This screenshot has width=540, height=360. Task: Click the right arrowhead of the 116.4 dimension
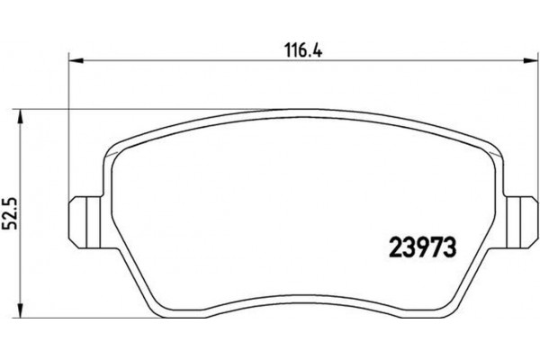(x=532, y=61)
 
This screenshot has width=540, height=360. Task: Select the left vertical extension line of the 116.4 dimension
(x=70, y=135)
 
